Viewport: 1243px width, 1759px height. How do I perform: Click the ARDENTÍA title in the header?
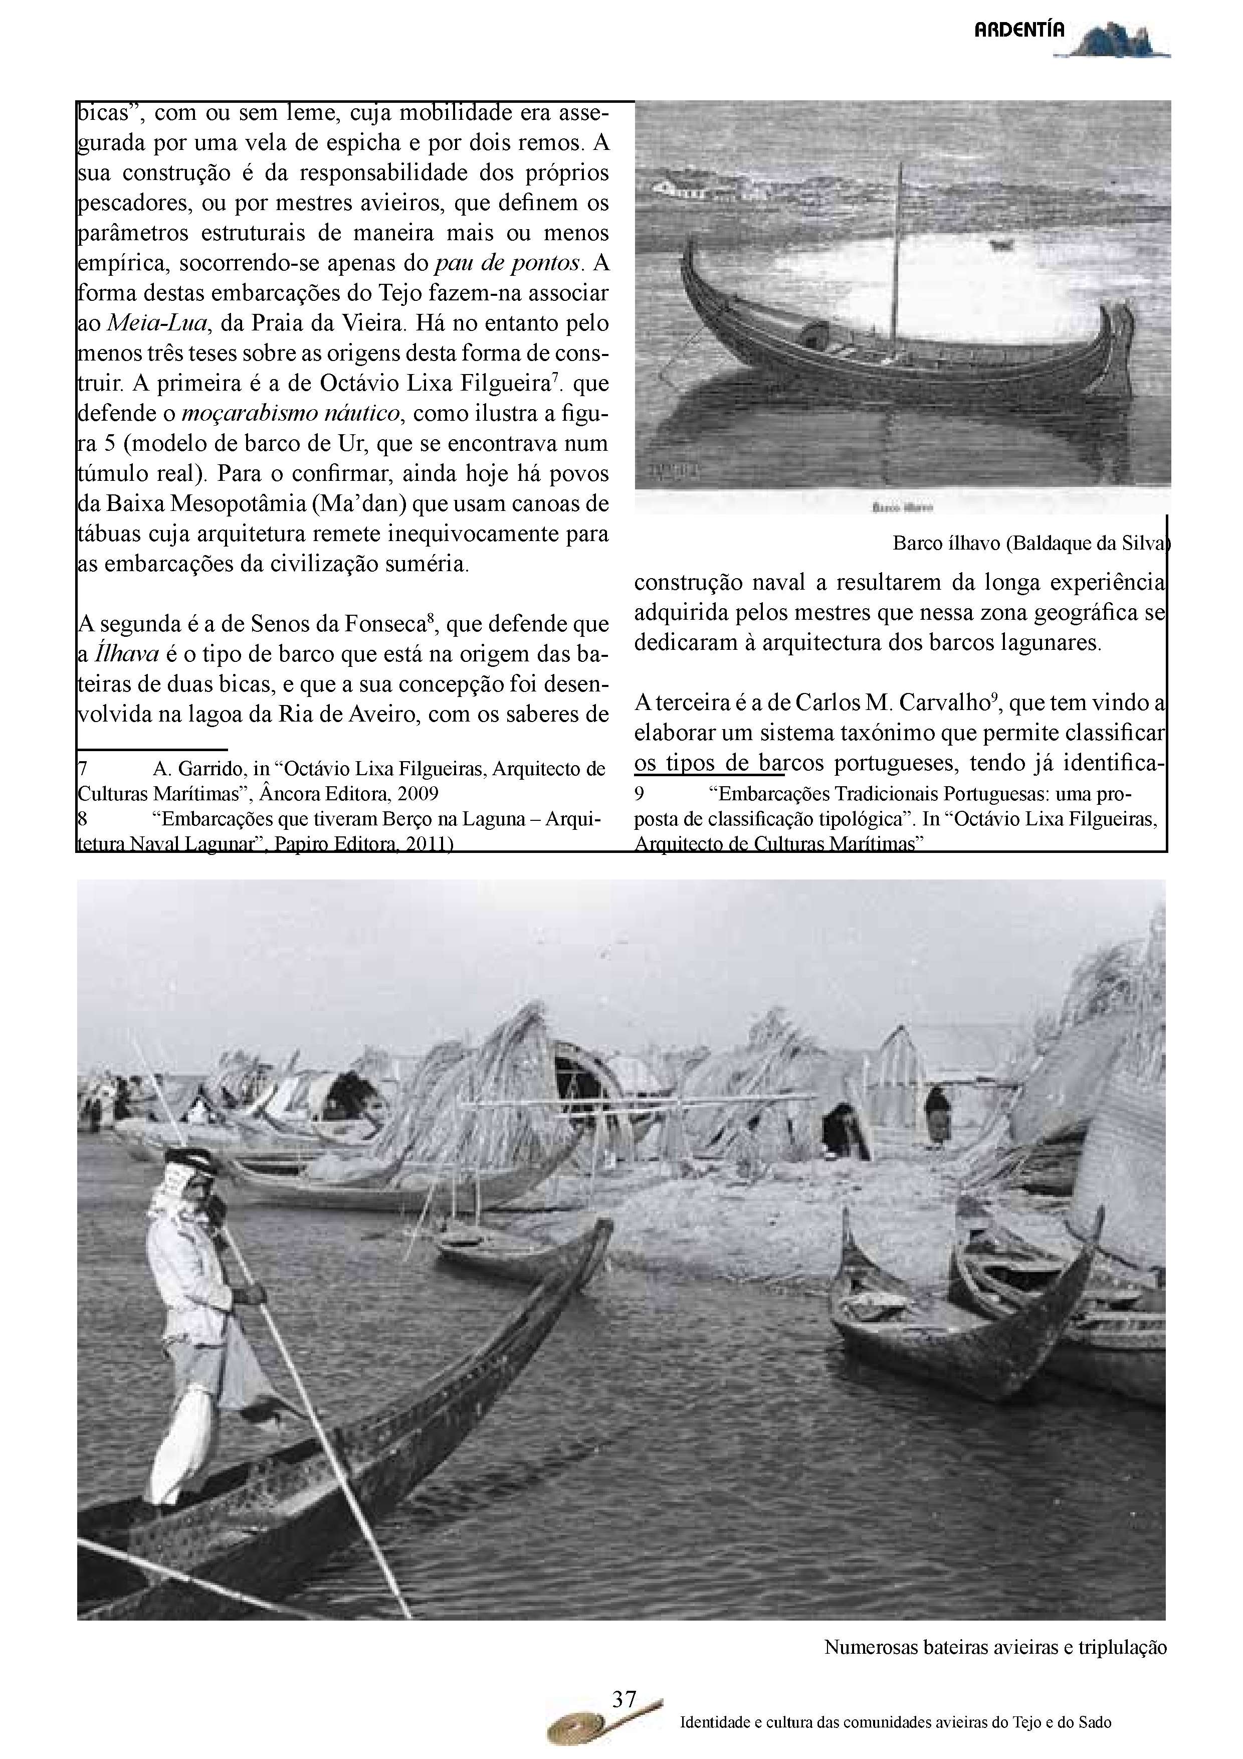(1018, 30)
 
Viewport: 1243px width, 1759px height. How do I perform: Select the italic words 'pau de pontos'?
(506, 263)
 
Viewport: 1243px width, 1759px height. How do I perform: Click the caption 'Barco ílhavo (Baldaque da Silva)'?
(1031, 543)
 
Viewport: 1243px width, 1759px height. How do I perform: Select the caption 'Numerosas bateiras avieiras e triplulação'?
(995, 1646)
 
